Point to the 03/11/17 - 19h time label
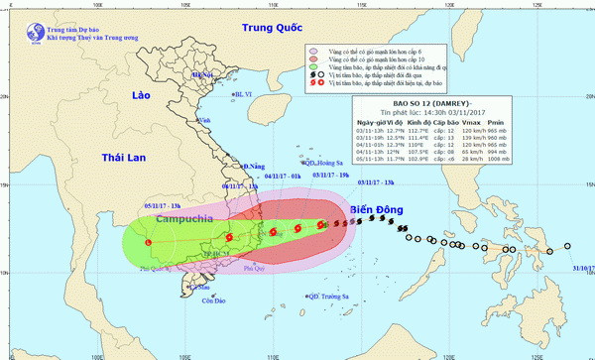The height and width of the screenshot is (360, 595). [x=331, y=174]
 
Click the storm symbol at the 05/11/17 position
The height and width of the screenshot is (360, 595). [x=148, y=241]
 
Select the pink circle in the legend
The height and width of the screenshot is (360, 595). [x=312, y=49]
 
